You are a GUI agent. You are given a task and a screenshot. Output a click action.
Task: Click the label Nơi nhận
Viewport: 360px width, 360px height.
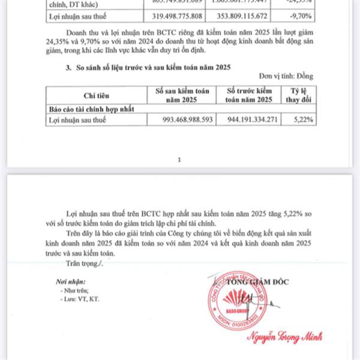click(68, 281)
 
